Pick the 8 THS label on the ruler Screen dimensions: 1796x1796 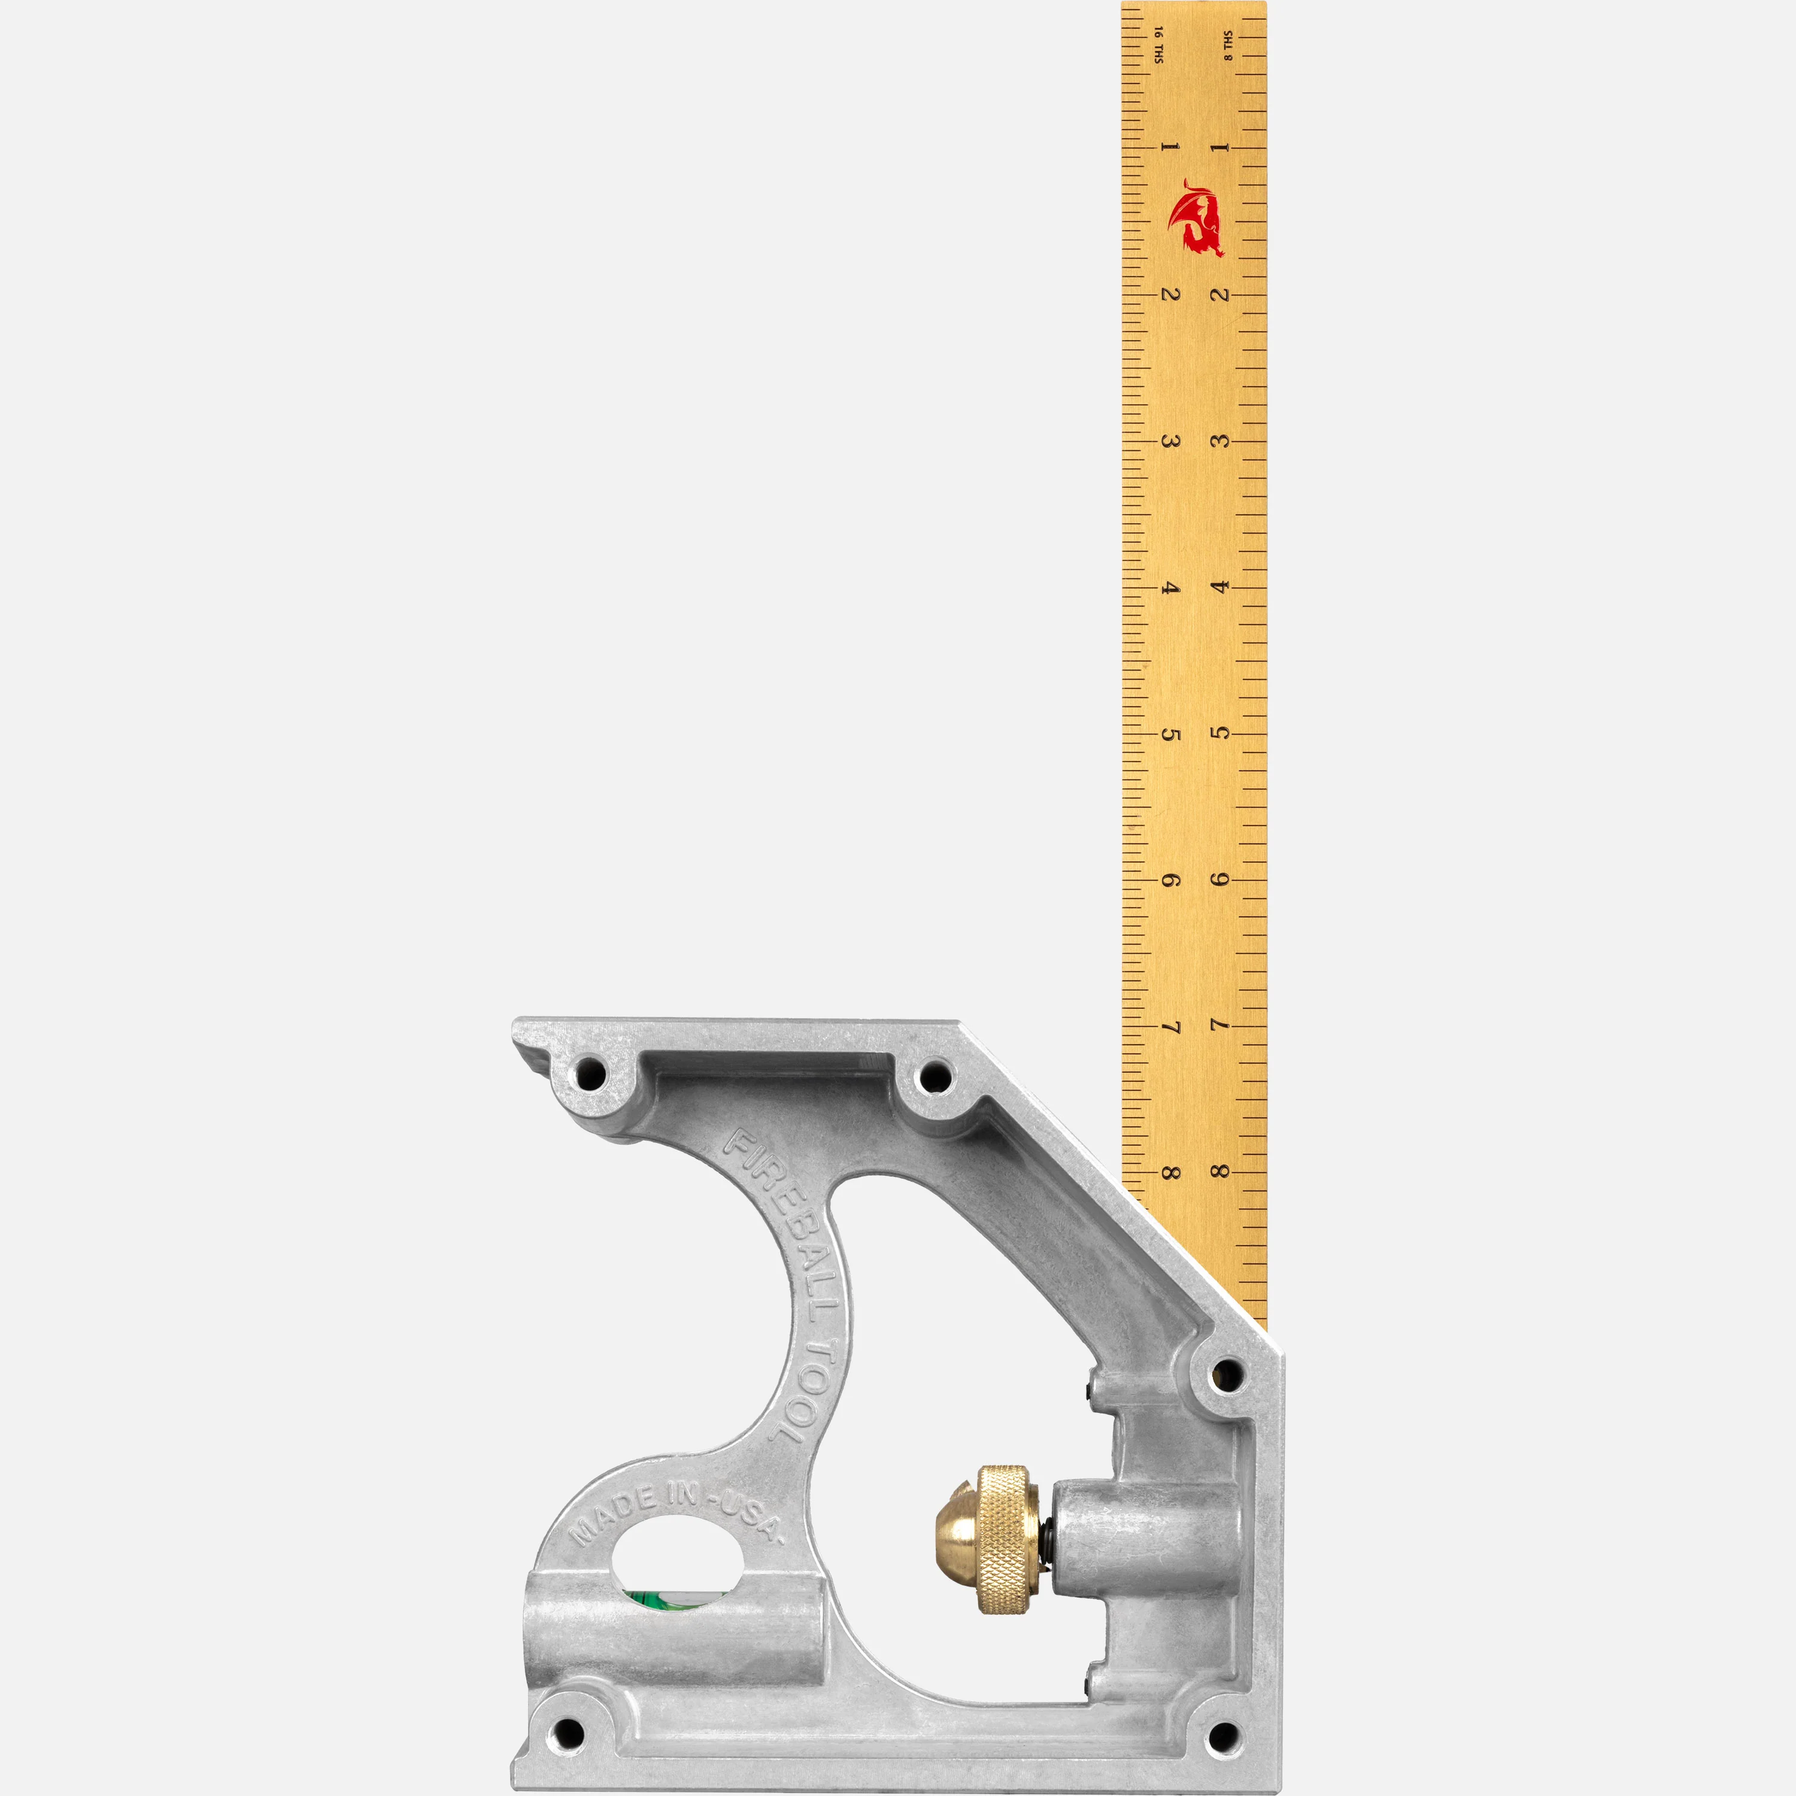pyautogui.click(x=1228, y=45)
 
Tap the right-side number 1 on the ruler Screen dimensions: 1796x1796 pyautogui.click(x=1221, y=147)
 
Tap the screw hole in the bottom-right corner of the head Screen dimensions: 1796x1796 pyautogui.click(x=1223, y=1735)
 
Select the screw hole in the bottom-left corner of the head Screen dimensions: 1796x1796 pyautogui.click(x=565, y=1733)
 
